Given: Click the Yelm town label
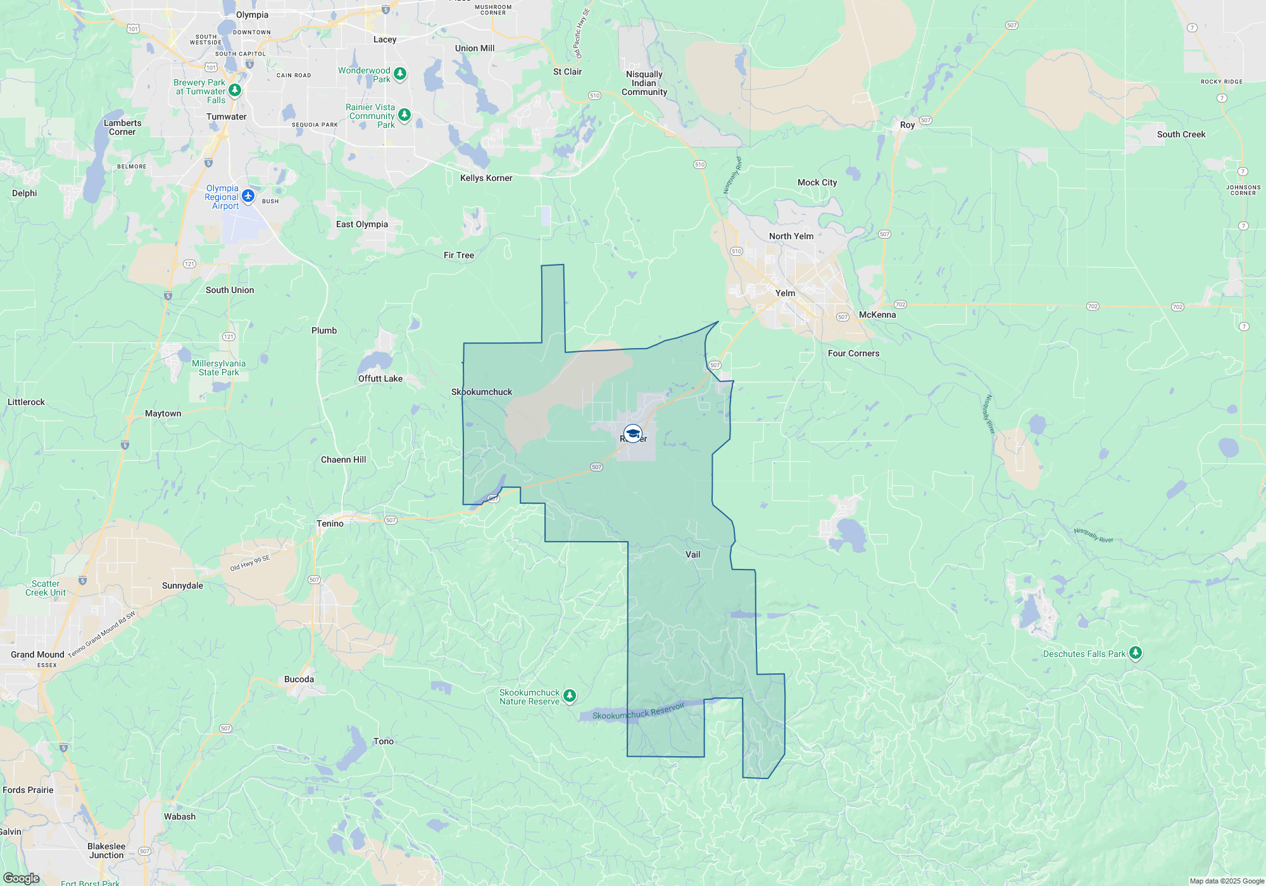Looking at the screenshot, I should click(785, 293).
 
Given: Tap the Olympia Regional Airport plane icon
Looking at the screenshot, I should click(248, 196).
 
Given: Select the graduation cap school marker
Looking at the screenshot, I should click(632, 434).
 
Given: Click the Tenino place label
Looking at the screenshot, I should click(330, 523).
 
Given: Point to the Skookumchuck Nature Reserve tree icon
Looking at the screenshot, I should click(570, 696).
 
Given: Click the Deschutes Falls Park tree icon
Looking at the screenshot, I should click(1136, 652).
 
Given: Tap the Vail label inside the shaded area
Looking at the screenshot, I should click(693, 554).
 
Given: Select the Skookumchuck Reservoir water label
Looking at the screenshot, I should click(638, 711).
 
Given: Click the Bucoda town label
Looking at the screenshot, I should click(299, 679).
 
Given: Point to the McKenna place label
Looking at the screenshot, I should click(877, 315).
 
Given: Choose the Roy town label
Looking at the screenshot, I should click(907, 125).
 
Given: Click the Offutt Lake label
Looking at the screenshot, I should click(380, 378).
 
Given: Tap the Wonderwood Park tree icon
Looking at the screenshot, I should click(400, 73).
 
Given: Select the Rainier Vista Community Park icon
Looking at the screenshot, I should click(404, 115).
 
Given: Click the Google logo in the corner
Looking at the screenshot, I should click(21, 878).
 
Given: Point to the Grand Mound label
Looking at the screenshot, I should click(37, 654).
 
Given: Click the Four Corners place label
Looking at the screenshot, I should click(853, 353).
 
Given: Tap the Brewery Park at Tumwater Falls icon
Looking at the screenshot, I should click(235, 90).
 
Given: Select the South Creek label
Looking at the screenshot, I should click(1181, 134).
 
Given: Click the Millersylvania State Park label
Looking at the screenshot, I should click(218, 368).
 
